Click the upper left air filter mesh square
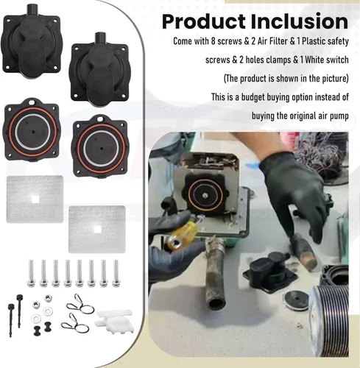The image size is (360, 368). tap(34, 195)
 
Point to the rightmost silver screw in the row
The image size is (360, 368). tap(116, 272)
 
